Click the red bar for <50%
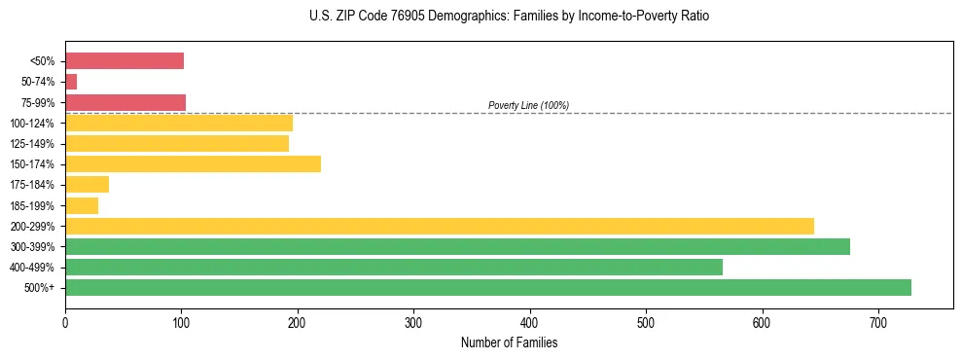click(x=125, y=61)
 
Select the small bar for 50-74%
click(x=71, y=82)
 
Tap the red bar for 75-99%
click(x=125, y=102)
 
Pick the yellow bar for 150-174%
click(x=193, y=163)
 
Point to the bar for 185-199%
click(x=82, y=205)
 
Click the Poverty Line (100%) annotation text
click(x=528, y=105)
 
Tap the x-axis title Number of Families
click(x=509, y=342)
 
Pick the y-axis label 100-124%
click(x=32, y=124)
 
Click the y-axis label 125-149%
click(x=32, y=144)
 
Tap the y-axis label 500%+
click(x=39, y=288)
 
